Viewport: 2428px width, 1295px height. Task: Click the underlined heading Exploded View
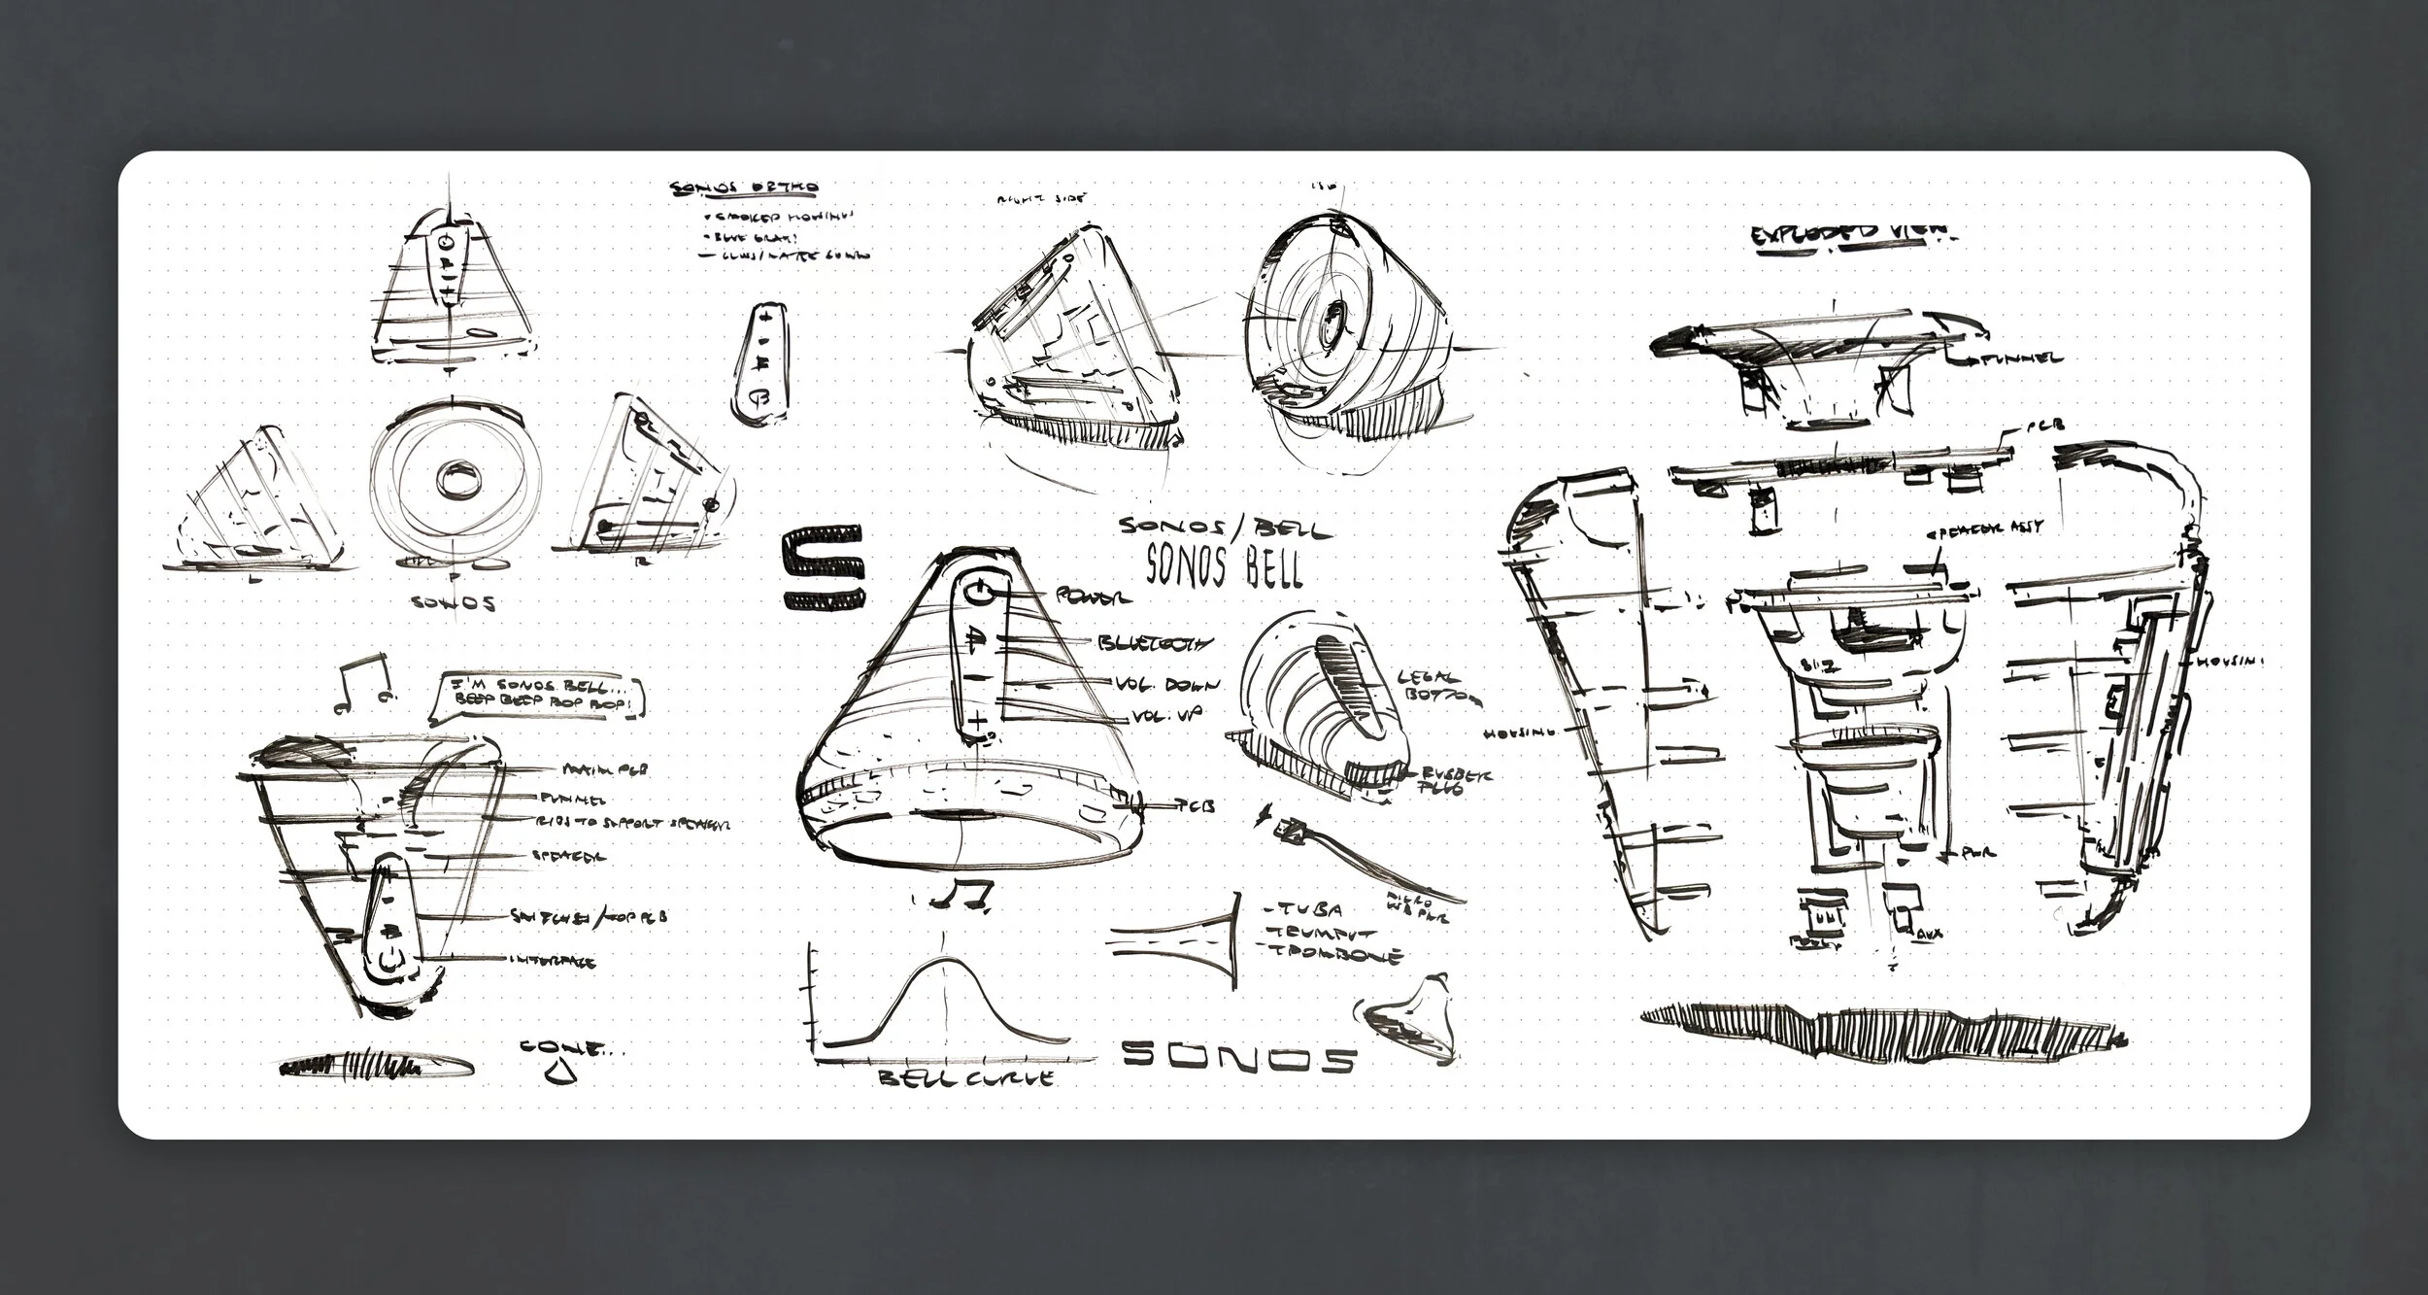pyautogui.click(x=1853, y=236)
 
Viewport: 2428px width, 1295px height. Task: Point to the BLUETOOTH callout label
pyautogui.click(x=1155, y=643)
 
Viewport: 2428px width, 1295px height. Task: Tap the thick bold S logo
pyautogui.click(x=822, y=568)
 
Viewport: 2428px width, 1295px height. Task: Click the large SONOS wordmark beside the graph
pyautogui.click(x=1237, y=1058)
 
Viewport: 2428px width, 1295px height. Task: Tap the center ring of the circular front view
pyautogui.click(x=454, y=479)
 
